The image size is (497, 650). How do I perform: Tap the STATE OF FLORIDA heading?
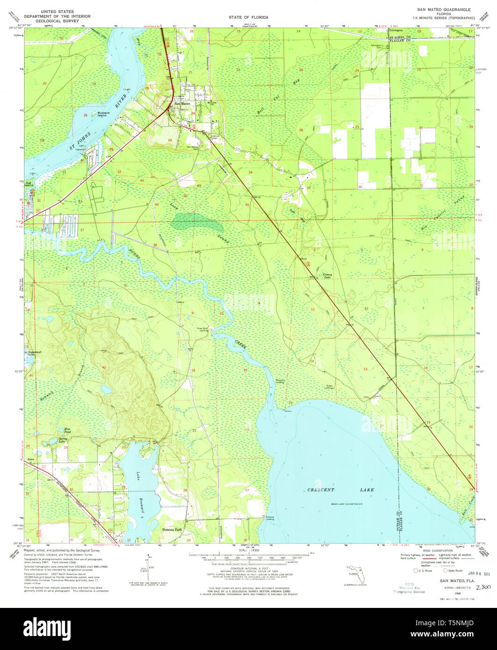tap(248, 17)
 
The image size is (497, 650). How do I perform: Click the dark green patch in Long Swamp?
tap(196, 220)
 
